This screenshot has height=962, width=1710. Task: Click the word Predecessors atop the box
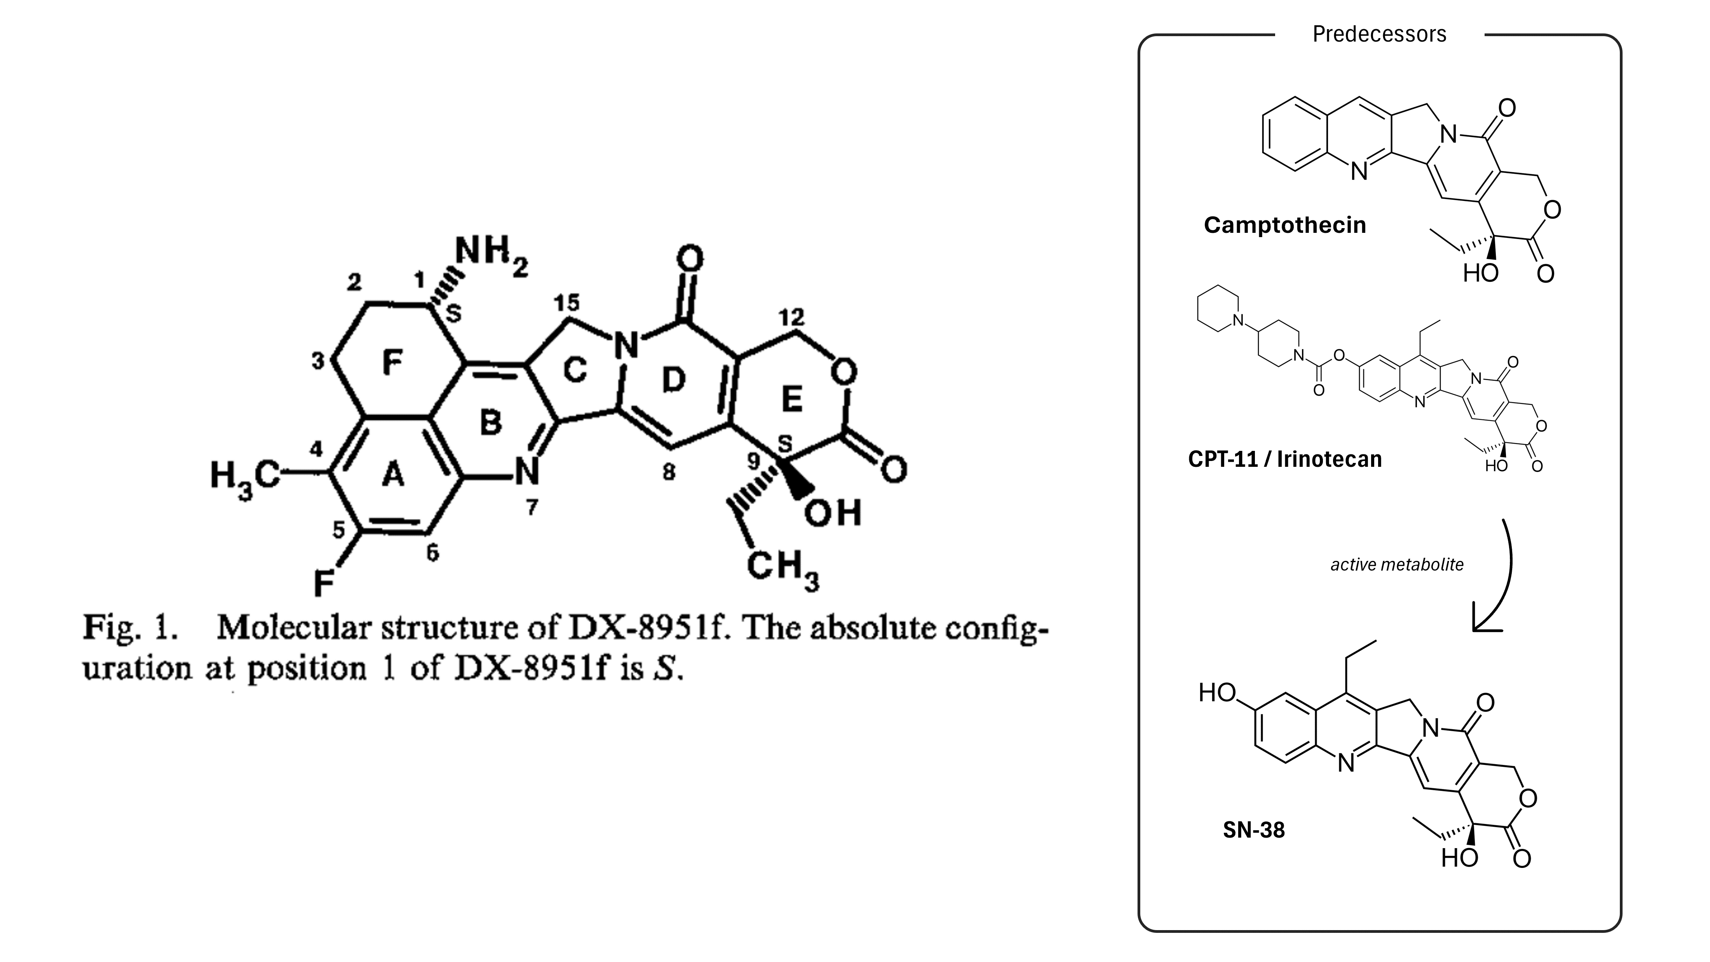tap(1379, 34)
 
